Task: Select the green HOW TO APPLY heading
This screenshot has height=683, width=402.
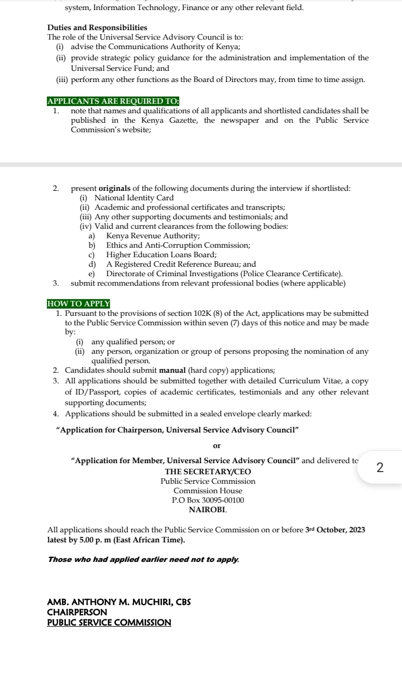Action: pos(79,304)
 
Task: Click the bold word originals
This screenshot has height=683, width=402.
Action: pos(118,189)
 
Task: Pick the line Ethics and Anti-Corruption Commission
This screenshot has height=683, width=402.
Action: pos(178,246)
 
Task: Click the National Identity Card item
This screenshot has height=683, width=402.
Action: pos(134,198)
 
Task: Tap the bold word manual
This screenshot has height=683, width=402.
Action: pos(173,371)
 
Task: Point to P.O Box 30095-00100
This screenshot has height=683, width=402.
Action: pos(208,500)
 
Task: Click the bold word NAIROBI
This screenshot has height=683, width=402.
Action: pos(208,509)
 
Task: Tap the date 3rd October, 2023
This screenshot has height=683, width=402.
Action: pos(336,530)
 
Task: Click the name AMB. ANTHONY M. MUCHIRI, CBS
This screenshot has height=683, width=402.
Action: pos(119,603)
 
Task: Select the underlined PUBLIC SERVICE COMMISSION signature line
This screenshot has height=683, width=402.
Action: pos(109,622)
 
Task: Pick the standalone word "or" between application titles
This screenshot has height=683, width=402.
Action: pos(217,446)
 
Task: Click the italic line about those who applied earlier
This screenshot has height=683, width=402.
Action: pos(143,560)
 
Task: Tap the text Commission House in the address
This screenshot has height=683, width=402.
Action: pos(208,490)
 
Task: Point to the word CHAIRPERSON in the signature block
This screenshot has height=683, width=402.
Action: pos(77,612)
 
